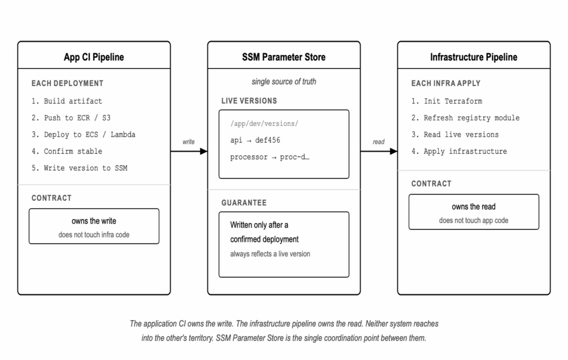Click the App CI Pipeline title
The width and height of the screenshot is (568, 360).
tap(94, 57)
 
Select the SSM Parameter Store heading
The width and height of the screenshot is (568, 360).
tap(283, 57)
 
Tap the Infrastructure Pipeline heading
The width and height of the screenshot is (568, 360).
tap(474, 57)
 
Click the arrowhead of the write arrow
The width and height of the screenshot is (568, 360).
tap(204, 151)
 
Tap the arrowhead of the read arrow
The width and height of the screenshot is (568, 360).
tap(393, 151)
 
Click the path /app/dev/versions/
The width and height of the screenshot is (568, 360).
tap(264, 124)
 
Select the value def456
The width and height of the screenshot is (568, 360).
tap(268, 140)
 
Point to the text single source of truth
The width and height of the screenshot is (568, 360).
tap(284, 82)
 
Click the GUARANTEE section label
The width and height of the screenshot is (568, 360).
tap(244, 203)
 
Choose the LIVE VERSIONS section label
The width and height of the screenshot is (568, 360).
tap(249, 101)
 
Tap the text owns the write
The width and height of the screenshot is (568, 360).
tap(94, 221)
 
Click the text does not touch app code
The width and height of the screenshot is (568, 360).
tap(474, 220)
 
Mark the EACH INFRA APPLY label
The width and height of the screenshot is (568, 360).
tap(446, 83)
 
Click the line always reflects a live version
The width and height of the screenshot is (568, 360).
tap(270, 254)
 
